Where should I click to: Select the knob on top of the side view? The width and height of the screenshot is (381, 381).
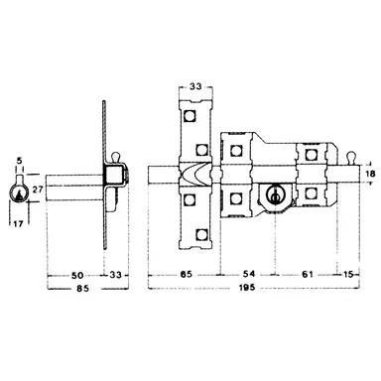tap(117, 157)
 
